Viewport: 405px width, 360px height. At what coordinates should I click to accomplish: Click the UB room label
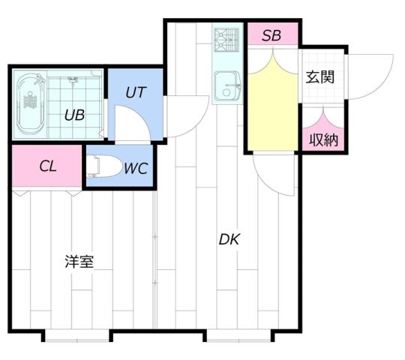click(73, 115)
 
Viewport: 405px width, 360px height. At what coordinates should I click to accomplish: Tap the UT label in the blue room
click(135, 94)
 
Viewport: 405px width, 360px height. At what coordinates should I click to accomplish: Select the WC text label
click(136, 167)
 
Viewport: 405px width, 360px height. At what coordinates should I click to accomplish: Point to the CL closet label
click(47, 166)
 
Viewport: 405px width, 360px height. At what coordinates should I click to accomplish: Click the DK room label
click(229, 240)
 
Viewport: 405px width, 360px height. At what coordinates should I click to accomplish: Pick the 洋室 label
click(79, 262)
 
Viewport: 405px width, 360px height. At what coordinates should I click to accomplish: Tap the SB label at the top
click(271, 35)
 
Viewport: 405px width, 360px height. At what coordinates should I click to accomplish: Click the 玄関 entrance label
click(319, 76)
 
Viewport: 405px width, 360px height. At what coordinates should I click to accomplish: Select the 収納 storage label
click(323, 139)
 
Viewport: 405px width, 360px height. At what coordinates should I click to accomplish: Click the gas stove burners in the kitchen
click(226, 40)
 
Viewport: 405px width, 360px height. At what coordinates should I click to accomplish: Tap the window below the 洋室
click(77, 334)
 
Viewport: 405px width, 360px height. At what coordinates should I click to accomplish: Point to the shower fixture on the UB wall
click(73, 81)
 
